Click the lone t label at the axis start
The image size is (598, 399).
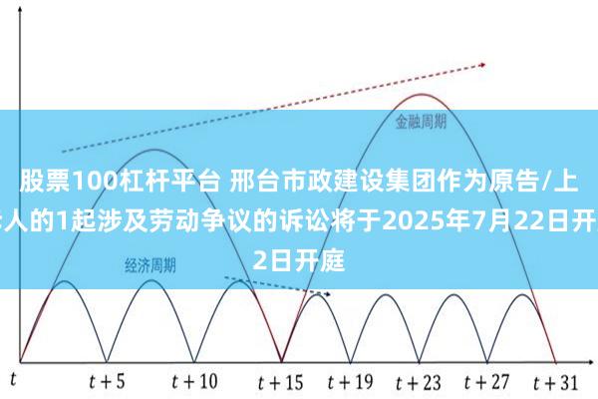pyautogui.click(x=14, y=379)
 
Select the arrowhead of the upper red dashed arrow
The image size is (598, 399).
pyautogui.click(x=482, y=68)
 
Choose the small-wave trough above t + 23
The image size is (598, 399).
pyautogui.click(x=419, y=359)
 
